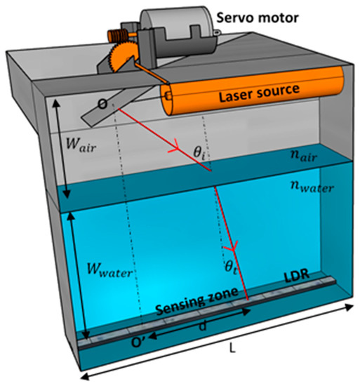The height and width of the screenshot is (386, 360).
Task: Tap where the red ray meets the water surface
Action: [x=210, y=172]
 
